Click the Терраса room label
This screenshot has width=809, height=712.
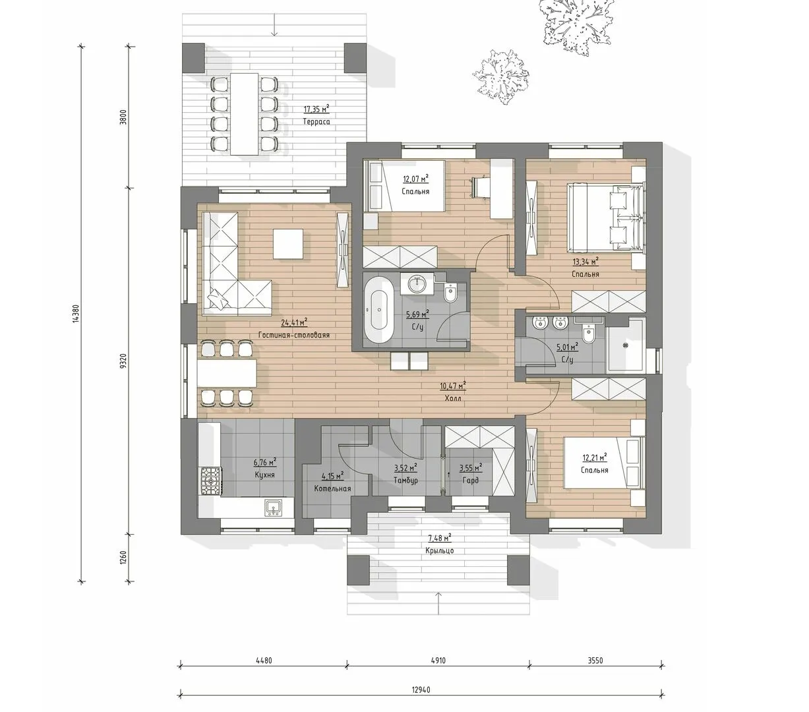[x=316, y=122]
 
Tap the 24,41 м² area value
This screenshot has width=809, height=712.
[x=294, y=322]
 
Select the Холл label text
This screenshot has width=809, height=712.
[x=453, y=398]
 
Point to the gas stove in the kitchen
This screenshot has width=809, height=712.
[x=210, y=481]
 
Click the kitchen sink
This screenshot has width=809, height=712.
[x=273, y=507]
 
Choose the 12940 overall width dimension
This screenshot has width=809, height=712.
[x=421, y=690]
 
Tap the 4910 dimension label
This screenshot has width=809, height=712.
[x=438, y=661]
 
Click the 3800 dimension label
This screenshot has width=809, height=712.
[x=123, y=117]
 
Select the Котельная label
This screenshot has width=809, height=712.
[x=332, y=489]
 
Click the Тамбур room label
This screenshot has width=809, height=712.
[x=405, y=480]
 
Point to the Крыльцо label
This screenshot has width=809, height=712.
[x=439, y=550]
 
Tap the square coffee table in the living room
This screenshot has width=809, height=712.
[x=287, y=243]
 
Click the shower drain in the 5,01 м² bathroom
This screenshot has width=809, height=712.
[x=626, y=345]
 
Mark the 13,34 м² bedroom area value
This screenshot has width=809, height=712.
[x=585, y=262]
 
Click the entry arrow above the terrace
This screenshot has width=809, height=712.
[x=274, y=25]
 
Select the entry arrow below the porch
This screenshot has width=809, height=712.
[x=439, y=603]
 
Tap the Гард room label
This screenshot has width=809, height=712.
[x=470, y=480]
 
